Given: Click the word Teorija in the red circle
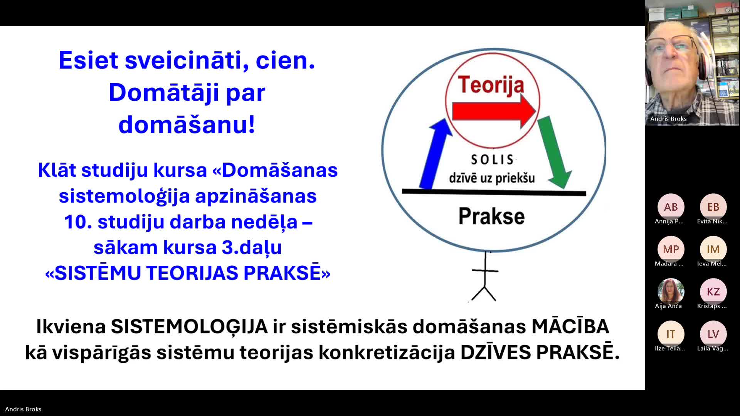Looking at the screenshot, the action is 491,85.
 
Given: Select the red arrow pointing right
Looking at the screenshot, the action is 494,111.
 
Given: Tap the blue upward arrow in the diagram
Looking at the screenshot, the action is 435,154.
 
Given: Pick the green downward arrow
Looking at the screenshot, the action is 554,152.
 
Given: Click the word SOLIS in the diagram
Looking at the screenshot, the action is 492,159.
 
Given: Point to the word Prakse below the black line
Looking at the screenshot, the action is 491,216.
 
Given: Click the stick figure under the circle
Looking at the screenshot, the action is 484,277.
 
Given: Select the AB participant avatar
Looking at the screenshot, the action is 671,207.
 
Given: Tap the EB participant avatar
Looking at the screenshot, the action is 713,207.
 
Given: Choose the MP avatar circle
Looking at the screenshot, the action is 671,249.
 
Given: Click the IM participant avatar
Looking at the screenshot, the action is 713,249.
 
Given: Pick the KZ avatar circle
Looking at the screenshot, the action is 713,292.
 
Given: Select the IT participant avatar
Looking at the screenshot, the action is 671,334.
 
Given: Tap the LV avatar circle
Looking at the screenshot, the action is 713,334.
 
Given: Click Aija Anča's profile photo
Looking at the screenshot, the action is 671,292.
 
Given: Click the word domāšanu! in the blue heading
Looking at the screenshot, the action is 187,125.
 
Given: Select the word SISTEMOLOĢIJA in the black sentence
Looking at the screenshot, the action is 189,327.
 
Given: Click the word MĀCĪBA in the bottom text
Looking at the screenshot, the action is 570,326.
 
